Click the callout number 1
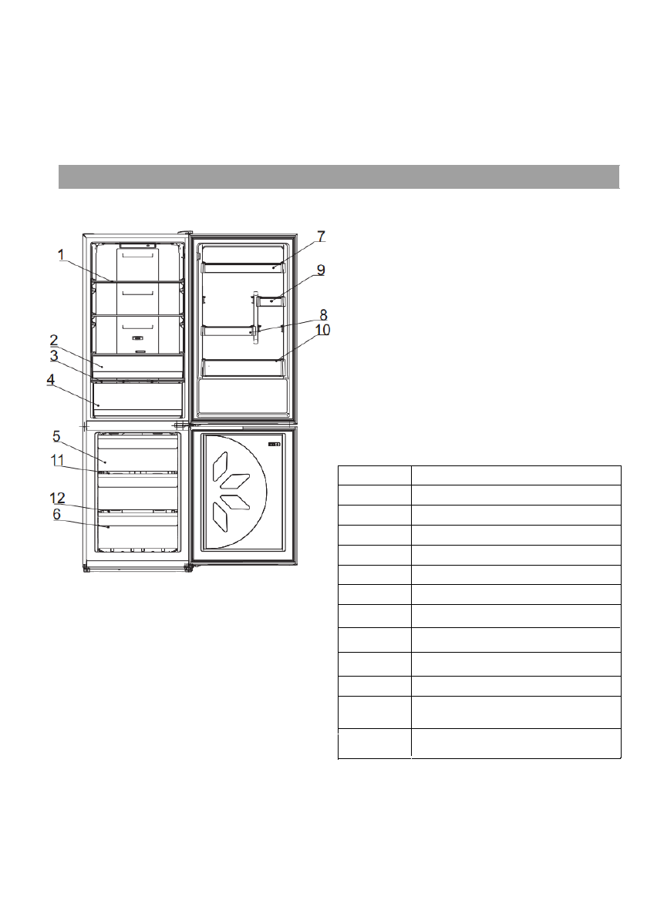coord(61,255)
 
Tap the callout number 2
coord(54,341)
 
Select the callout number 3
coord(54,356)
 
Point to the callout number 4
coord(51,380)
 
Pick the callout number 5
coord(56,436)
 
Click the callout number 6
coord(56,513)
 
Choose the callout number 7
coord(321,237)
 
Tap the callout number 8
coord(323,316)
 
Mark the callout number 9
coord(321,270)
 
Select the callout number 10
coord(322,331)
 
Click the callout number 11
coord(57,461)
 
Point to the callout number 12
coord(57,499)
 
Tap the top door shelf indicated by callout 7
coord(244,267)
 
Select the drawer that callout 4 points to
coord(137,399)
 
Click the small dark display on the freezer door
coord(275,445)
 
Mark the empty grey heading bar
coord(339,176)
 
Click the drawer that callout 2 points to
coord(137,365)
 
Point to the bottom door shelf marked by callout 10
coord(244,368)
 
